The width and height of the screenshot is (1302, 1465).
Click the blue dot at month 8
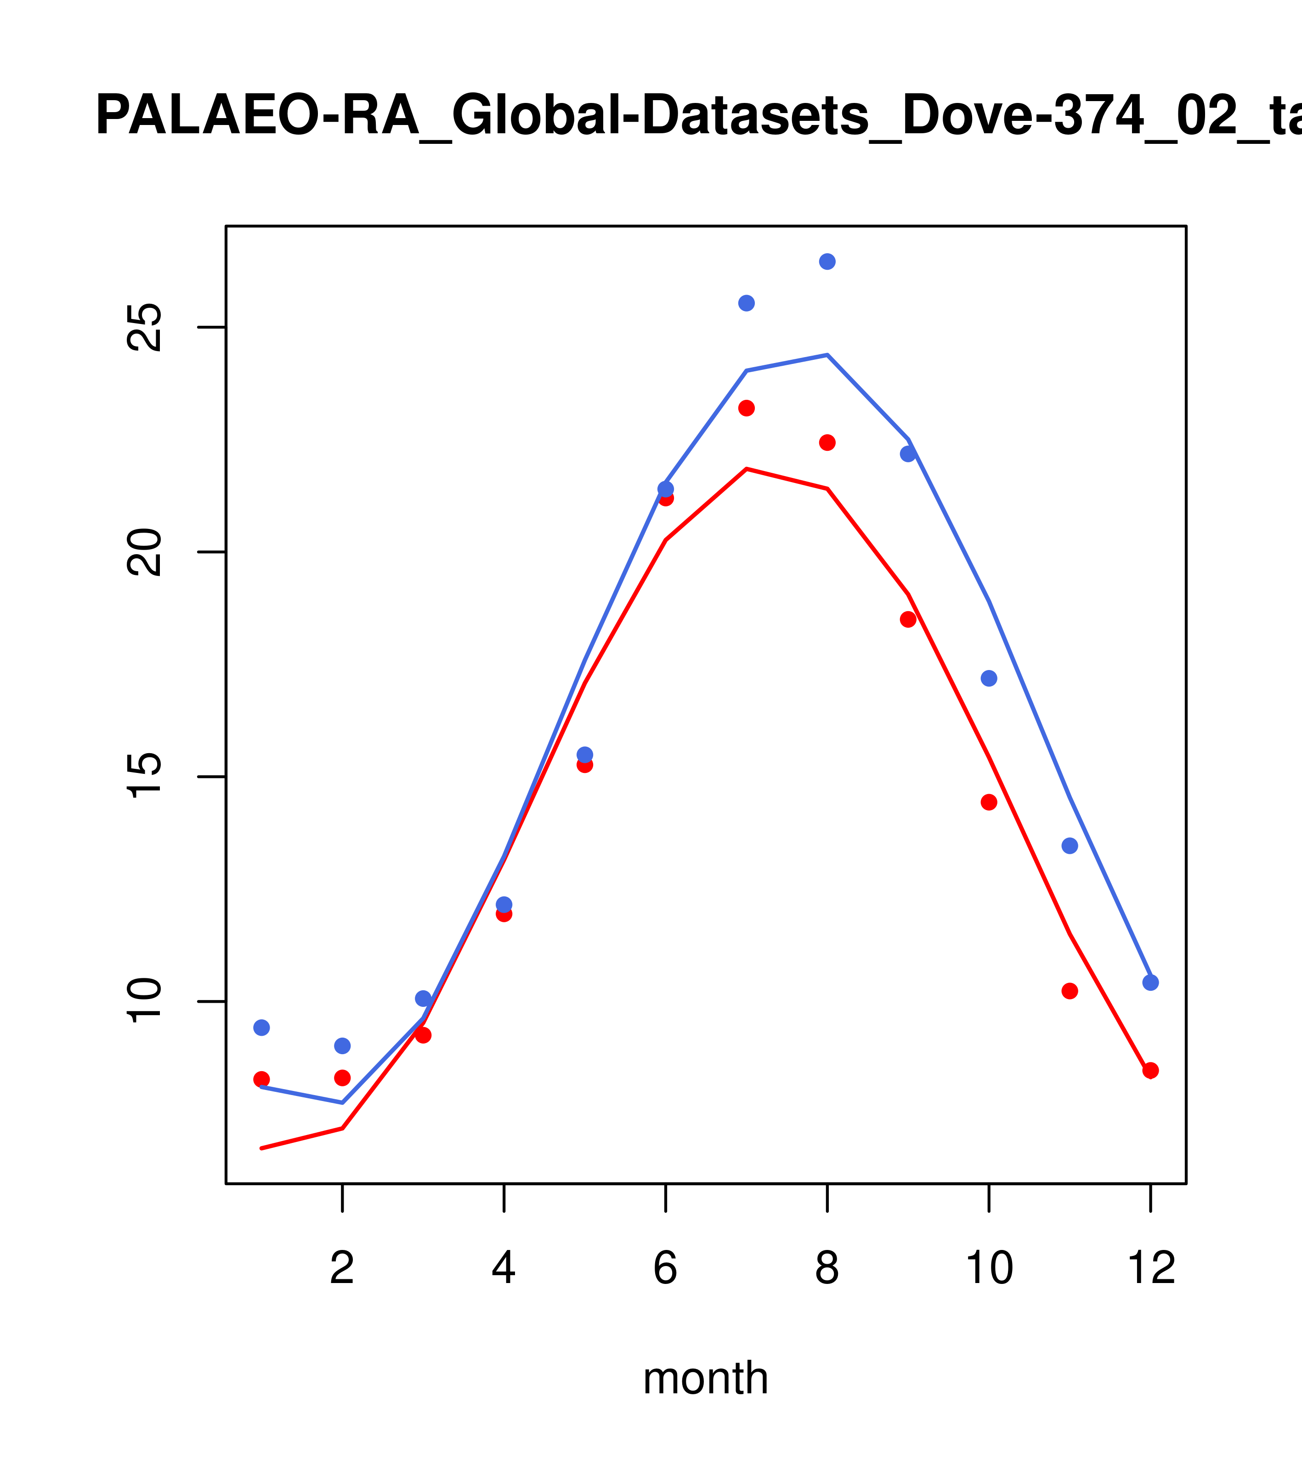click(827, 261)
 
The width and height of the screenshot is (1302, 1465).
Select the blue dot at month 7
click(746, 303)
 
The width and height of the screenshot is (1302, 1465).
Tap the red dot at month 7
click(746, 408)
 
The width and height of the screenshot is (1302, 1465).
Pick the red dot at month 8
click(827, 443)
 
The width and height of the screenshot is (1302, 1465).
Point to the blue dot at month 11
click(1069, 846)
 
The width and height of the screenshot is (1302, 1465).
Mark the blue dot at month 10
click(989, 678)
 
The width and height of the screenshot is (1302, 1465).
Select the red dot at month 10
click(989, 802)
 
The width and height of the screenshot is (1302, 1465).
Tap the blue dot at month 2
click(343, 1046)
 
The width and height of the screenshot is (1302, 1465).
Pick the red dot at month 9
click(908, 619)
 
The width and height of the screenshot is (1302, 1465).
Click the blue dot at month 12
click(1150, 982)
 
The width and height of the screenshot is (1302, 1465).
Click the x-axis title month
click(705, 1378)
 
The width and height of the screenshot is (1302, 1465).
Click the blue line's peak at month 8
click(827, 355)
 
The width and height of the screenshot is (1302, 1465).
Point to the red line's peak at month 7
click(746, 469)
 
